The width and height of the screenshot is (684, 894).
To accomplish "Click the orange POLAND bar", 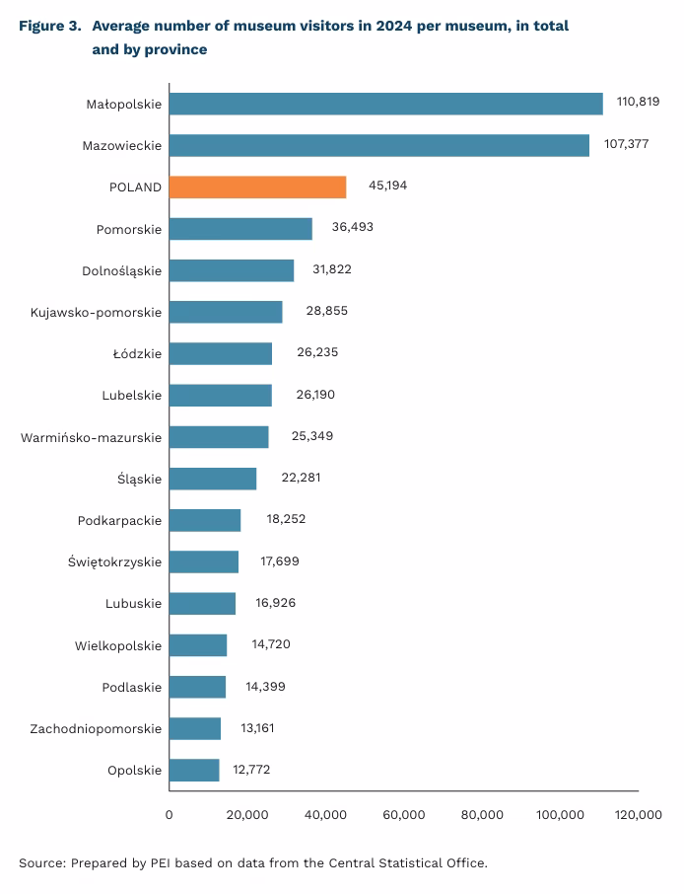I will (x=257, y=187).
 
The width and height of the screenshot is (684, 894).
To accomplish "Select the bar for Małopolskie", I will (x=385, y=104).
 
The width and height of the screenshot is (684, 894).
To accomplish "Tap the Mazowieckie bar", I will (x=378, y=145).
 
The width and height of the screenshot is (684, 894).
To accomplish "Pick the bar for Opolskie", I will (x=194, y=770).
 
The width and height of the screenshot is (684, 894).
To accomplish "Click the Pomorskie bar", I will (x=240, y=229).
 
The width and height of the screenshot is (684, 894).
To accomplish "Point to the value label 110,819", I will (x=638, y=102).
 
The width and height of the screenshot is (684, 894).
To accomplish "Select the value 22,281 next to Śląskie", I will (x=301, y=478).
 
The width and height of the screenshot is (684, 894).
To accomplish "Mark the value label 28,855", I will (x=327, y=311).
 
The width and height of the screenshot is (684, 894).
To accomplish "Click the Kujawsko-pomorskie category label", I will (x=96, y=312).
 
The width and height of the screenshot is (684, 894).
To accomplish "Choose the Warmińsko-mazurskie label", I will (x=91, y=436).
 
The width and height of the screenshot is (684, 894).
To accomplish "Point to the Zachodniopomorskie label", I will (x=96, y=728).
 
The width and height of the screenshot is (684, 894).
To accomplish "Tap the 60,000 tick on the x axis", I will (x=404, y=814).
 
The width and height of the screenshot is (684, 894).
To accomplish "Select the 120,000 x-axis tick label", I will (x=639, y=814).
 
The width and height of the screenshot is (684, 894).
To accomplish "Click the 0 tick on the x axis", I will (x=170, y=814).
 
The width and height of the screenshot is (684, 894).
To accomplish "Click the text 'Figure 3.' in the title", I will (x=49, y=26).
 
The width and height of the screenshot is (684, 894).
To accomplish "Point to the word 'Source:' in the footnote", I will (x=41, y=862).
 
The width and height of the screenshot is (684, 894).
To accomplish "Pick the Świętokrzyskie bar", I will (x=204, y=561).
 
